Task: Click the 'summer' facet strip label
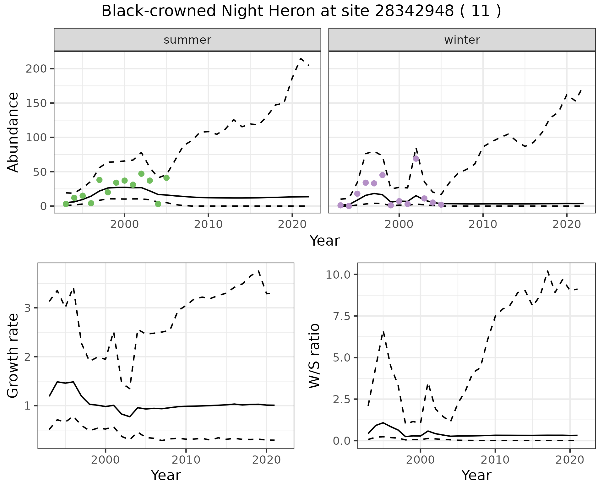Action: [187, 40]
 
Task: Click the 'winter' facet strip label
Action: [462, 40]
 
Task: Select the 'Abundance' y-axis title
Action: [13, 132]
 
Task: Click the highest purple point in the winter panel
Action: [416, 159]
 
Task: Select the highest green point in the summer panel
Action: [141, 174]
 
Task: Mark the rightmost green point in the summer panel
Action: [166, 178]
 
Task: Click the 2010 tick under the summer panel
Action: [208, 224]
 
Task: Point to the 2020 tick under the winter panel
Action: [567, 224]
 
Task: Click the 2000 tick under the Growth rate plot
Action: [106, 460]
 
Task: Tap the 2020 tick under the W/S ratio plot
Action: [570, 460]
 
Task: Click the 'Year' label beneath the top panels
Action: [325, 241]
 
